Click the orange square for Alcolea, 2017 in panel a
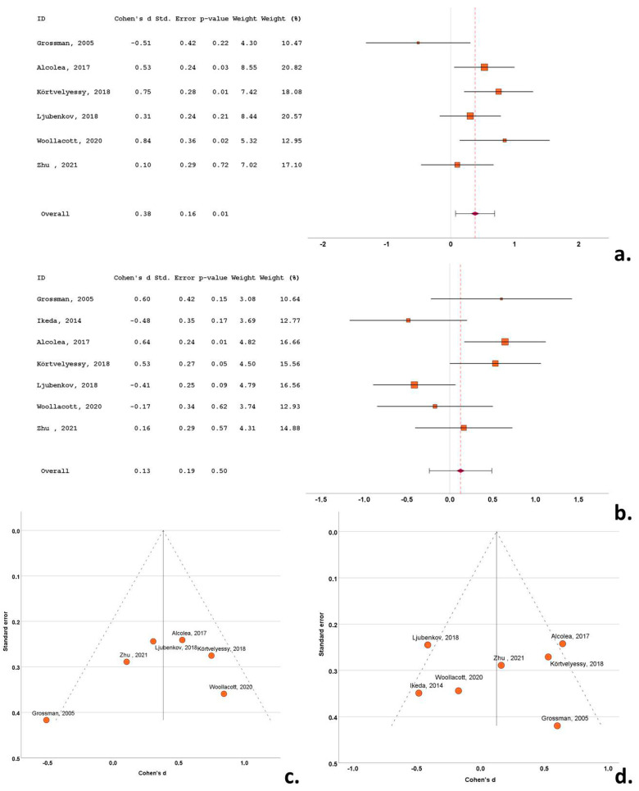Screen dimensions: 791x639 (x=484, y=67)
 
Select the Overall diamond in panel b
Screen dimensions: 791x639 (x=460, y=471)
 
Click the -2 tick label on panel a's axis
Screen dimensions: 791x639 (x=324, y=244)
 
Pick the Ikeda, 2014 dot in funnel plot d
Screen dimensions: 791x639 (x=419, y=693)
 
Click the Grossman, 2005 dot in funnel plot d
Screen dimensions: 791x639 (x=557, y=725)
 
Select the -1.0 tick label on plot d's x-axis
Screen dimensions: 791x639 (x=353, y=768)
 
